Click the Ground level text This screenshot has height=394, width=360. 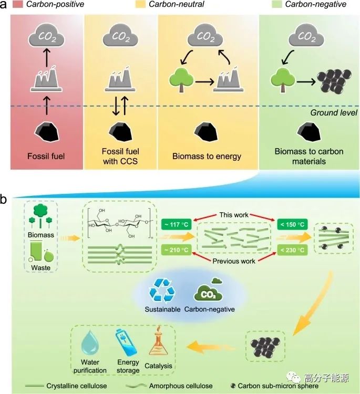[333, 112]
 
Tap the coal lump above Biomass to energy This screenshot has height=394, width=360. [206, 130]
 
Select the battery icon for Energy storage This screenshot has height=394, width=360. [128, 344]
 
